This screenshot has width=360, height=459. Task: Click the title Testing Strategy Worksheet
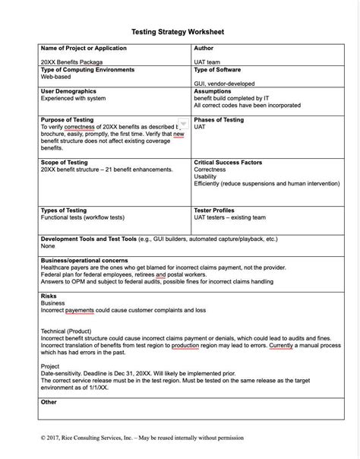click(178, 33)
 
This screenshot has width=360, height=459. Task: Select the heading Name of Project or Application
click(83, 49)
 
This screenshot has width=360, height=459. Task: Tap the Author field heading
click(205, 49)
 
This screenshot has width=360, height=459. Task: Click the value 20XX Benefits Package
click(71, 62)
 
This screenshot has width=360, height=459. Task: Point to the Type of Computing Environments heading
click(87, 70)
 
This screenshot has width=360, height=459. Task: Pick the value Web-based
click(56, 77)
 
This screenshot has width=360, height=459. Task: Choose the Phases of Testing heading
click(219, 120)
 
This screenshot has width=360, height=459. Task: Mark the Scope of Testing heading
click(68, 163)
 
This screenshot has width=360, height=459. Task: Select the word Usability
click(207, 177)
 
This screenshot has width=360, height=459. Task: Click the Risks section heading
click(49, 296)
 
